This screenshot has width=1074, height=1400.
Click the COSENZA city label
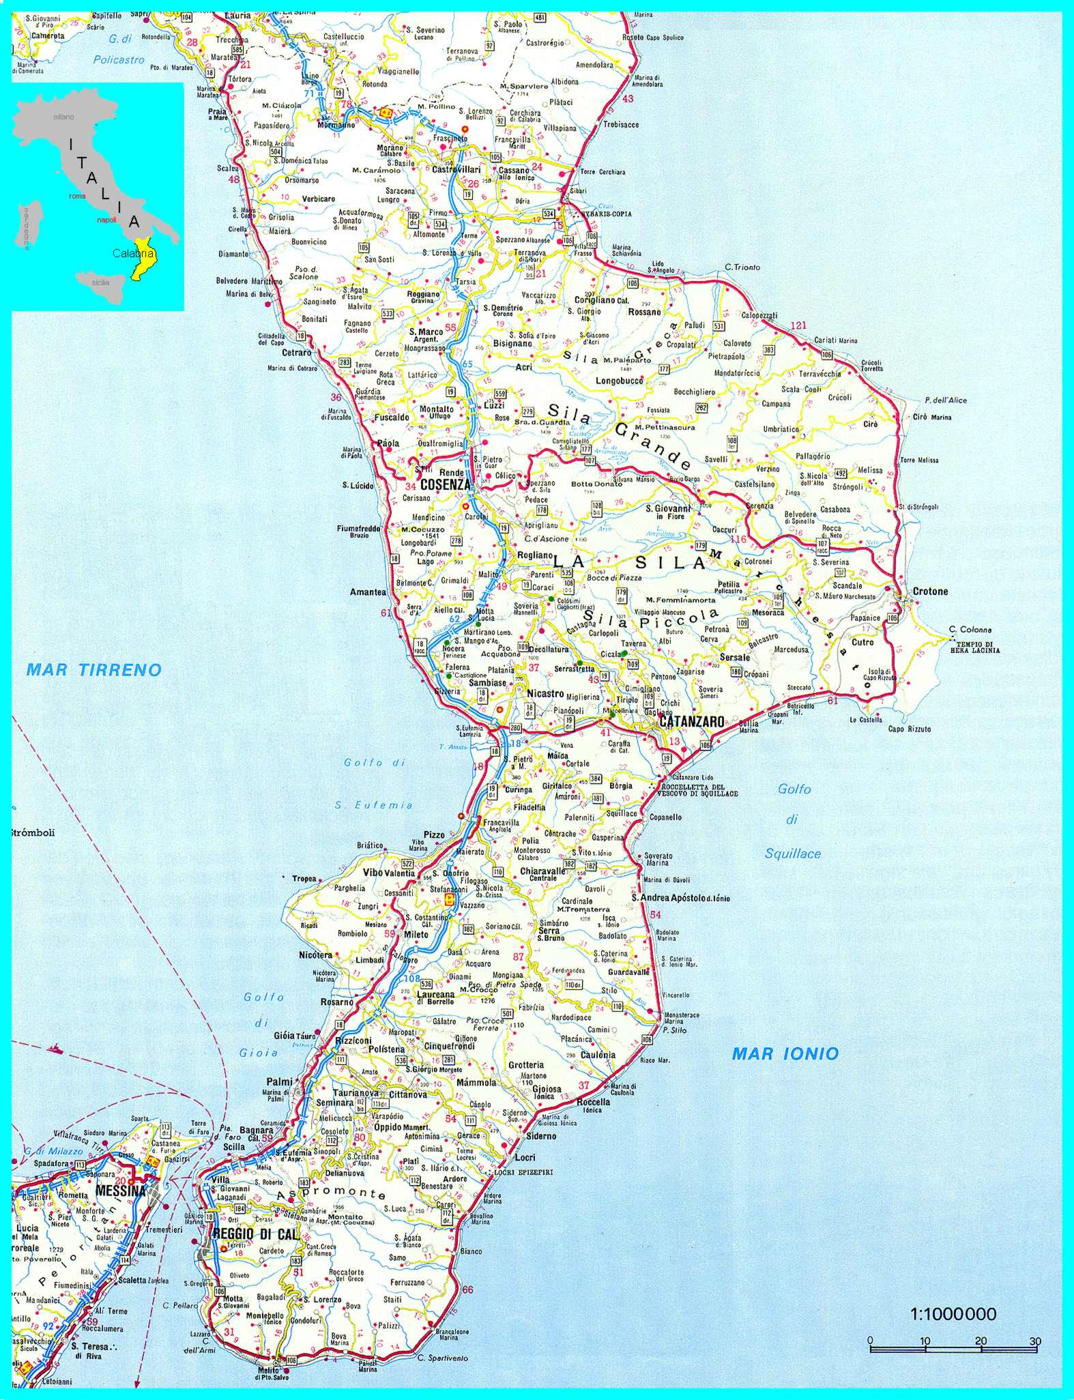pyautogui.click(x=446, y=484)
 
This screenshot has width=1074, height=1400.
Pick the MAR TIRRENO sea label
pyautogui.click(x=94, y=669)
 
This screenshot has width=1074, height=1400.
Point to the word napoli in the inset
pyautogui.click(x=106, y=220)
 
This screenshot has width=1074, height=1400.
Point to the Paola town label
pyautogui.click(x=388, y=443)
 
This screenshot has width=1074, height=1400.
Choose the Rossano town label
pyautogui.click(x=645, y=312)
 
